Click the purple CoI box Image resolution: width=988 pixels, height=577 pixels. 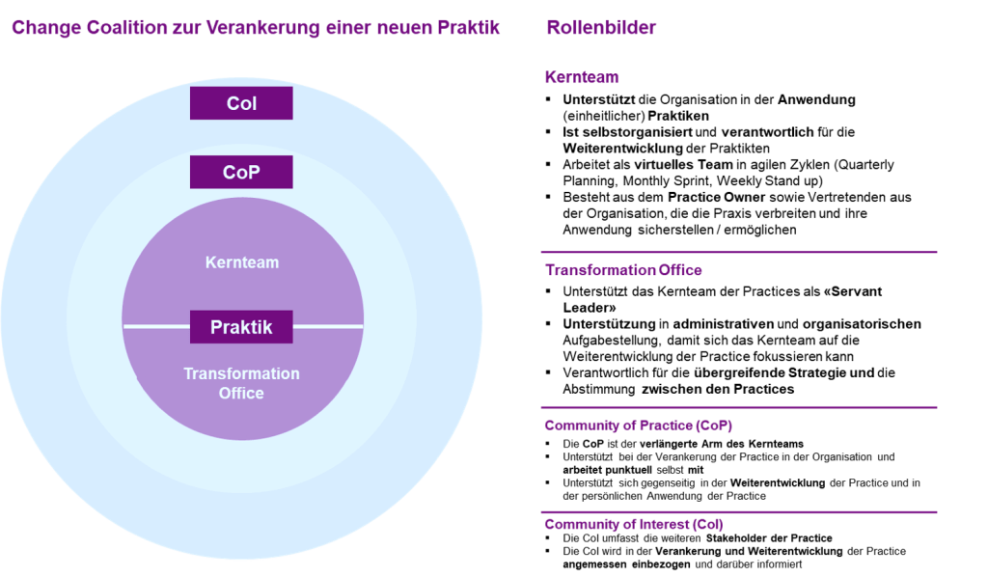(x=241, y=103)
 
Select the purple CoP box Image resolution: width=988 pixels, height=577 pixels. (x=241, y=173)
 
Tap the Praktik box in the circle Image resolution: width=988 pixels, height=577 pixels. (x=241, y=327)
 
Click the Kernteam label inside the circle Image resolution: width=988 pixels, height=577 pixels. (x=241, y=261)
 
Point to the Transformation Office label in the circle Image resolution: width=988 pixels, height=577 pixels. (x=241, y=383)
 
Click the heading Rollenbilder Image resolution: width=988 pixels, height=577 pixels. (x=601, y=28)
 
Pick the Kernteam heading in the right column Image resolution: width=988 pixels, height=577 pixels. (x=582, y=77)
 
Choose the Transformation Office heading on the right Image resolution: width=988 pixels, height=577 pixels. (x=622, y=270)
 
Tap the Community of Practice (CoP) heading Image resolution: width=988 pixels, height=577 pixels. (x=638, y=425)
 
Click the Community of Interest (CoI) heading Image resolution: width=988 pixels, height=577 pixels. (x=633, y=524)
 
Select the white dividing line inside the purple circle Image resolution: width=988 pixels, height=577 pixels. (x=154, y=327)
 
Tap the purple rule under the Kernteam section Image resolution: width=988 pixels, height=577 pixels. (x=739, y=251)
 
